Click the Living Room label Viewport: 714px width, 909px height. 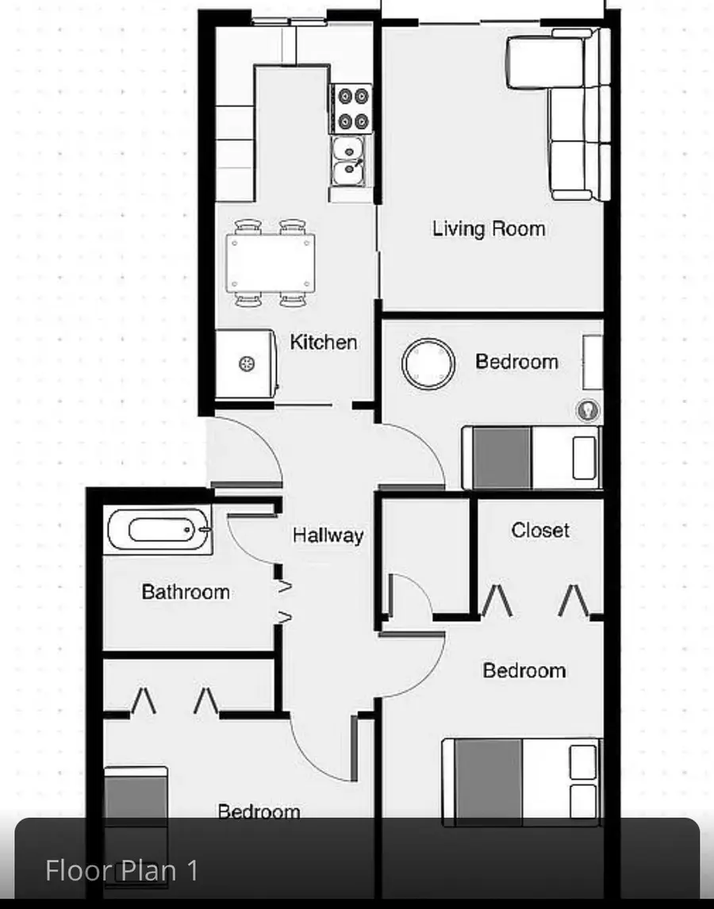click(x=489, y=229)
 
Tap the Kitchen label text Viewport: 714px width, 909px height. click(x=323, y=342)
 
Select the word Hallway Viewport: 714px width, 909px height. click(x=328, y=535)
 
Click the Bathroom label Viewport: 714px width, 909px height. click(x=186, y=592)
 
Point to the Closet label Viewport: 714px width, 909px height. click(x=540, y=530)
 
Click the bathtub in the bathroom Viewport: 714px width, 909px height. click(x=159, y=530)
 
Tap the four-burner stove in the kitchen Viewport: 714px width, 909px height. click(x=353, y=109)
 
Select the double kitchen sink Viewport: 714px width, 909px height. click(x=348, y=160)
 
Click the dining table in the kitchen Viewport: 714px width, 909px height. click(x=271, y=263)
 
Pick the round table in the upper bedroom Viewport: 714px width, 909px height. click(x=428, y=364)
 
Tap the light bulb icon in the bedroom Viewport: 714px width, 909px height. click(x=588, y=410)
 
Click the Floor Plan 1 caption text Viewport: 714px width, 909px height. click(x=122, y=871)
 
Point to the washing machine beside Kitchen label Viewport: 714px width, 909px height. click(x=245, y=364)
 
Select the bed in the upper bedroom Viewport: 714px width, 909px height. click(x=532, y=458)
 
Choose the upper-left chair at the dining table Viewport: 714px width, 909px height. click(x=248, y=226)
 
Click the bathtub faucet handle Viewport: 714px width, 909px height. click(x=205, y=529)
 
